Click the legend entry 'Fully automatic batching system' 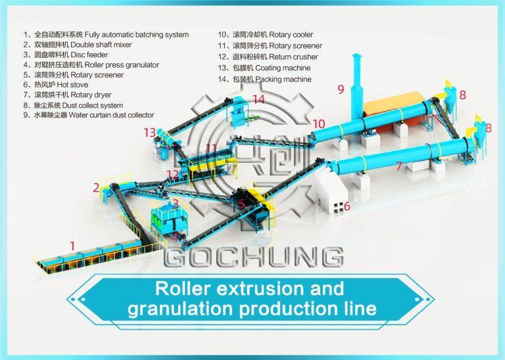point(106,34)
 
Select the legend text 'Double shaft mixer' point(78,45)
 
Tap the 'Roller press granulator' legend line point(91,65)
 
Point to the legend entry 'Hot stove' point(56,85)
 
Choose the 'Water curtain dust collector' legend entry point(89,115)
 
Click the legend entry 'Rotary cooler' point(266,34)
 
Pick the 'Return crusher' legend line point(268,57)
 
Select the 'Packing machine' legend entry point(265,79)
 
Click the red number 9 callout point(341,89)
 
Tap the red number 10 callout point(318,124)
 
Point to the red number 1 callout point(72,246)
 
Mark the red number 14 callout point(258,99)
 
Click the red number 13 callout point(150,132)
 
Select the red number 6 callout point(347,206)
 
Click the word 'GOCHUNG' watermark point(253,257)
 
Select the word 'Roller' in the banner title point(183,288)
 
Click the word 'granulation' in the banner point(180,309)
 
